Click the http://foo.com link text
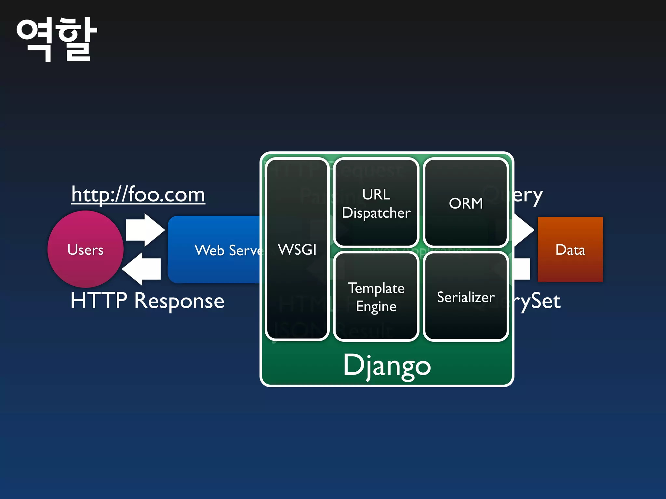(x=138, y=195)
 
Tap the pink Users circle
(x=86, y=249)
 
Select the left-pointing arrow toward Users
(x=142, y=269)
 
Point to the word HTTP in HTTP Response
(x=99, y=301)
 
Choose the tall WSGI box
(x=297, y=249)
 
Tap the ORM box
(x=466, y=203)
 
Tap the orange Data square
(x=570, y=249)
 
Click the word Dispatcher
(x=376, y=213)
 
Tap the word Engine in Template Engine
(x=376, y=307)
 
